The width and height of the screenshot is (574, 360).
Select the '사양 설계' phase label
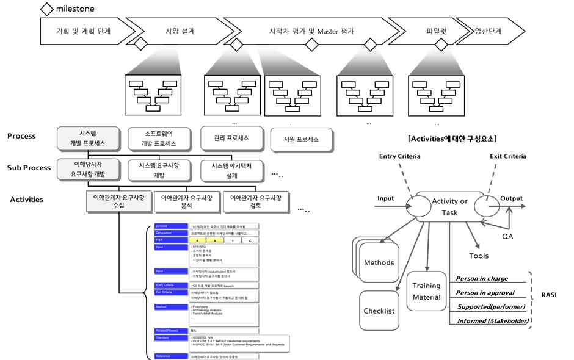point(180,31)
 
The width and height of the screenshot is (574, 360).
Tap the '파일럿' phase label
point(437,31)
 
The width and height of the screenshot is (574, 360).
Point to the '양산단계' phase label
point(489,31)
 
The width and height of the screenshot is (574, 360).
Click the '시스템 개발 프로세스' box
point(88,139)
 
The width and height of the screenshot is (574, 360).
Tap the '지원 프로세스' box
point(301,139)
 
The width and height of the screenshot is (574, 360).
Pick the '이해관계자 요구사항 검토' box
point(256,202)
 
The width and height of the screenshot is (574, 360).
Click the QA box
point(507,236)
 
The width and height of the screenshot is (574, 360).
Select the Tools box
point(479,256)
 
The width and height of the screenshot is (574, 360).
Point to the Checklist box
point(379,311)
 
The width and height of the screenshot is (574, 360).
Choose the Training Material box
point(426,292)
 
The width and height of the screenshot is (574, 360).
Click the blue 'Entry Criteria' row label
point(171,285)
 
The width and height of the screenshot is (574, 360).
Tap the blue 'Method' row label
point(171,307)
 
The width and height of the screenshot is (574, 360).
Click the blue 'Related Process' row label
point(171,330)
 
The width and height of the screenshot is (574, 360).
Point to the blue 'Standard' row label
point(171,336)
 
